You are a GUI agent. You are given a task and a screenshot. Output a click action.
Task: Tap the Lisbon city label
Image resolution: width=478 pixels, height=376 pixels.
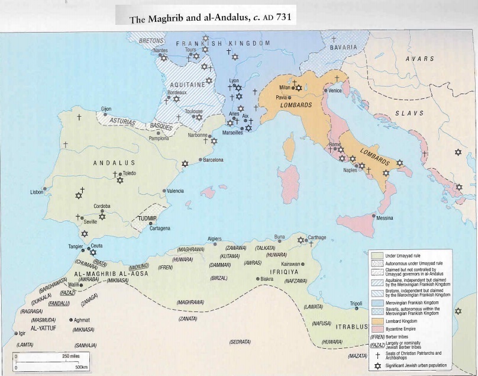[x=37, y=192]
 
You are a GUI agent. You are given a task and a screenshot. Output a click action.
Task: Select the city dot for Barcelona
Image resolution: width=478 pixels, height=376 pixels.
[x=200, y=160]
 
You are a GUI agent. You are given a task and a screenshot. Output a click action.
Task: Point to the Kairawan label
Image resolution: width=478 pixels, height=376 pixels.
[x=291, y=263]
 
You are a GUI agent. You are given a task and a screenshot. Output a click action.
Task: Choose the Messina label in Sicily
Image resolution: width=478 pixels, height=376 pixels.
[x=385, y=218]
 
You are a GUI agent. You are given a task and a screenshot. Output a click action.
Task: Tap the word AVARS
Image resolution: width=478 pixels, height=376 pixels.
[x=419, y=59]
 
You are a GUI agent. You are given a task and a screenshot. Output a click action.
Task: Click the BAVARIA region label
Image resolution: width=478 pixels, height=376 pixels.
[x=344, y=47]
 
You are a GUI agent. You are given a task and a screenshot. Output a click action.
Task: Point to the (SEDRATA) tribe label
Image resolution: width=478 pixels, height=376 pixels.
[x=240, y=342]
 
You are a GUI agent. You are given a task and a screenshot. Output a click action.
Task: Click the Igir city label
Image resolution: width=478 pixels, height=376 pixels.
[x=22, y=333]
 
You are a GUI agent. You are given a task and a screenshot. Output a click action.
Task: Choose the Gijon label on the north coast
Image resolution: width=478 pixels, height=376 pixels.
[x=106, y=109]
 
